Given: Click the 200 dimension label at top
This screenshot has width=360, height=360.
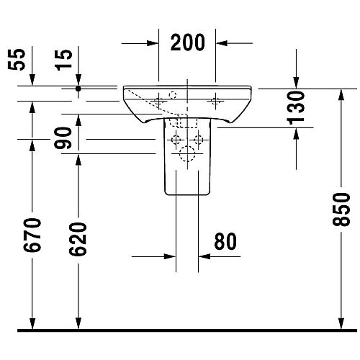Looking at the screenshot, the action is (x=188, y=42).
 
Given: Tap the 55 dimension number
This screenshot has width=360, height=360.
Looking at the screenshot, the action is (x=17, y=59).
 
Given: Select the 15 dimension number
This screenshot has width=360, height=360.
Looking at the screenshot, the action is (x=63, y=60).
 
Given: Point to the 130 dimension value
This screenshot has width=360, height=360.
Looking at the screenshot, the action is (x=296, y=108).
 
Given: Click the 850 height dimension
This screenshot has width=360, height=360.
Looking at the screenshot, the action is (x=341, y=210).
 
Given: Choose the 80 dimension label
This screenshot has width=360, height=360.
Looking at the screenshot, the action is (x=225, y=241).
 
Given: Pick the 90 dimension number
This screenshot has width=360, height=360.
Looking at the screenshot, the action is (x=63, y=138).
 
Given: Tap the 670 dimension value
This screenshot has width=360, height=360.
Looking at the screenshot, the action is (x=32, y=235).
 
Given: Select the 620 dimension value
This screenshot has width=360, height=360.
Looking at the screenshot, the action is (x=78, y=239).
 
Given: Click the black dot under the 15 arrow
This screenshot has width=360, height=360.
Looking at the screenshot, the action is (x=78, y=89).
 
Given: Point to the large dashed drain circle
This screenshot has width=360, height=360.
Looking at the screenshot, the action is (x=187, y=153).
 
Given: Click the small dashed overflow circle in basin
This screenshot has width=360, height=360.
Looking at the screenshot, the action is (x=173, y=95).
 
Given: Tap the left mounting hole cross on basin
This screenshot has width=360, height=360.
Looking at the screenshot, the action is (x=158, y=102).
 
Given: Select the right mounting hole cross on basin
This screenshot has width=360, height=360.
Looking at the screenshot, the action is (x=215, y=102).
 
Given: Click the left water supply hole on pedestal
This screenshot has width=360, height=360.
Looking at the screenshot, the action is (x=176, y=140).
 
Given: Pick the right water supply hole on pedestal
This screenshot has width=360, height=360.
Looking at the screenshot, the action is (x=199, y=140).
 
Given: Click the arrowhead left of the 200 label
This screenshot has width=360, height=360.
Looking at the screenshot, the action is (x=153, y=43).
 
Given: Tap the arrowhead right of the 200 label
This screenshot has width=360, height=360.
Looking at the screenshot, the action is (x=221, y=43).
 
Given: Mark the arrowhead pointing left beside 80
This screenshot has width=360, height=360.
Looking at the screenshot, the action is (x=204, y=256).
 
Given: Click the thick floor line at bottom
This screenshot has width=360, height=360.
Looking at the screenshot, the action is (x=187, y=330).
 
